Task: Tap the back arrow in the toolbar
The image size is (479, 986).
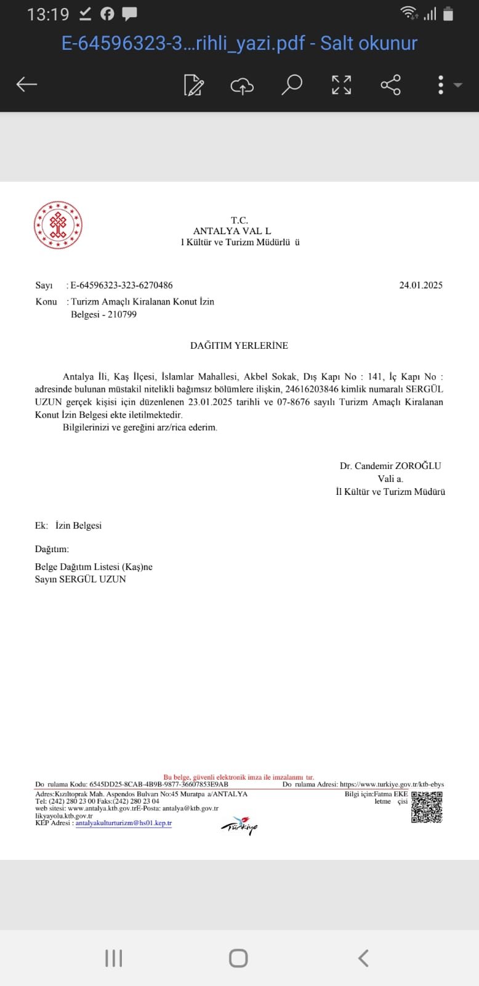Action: pyautogui.click(x=27, y=84)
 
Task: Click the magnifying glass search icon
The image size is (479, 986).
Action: pyautogui.click(x=292, y=84)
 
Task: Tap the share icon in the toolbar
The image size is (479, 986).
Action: pyautogui.click(x=390, y=84)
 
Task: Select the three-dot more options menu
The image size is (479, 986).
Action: pyautogui.click(x=441, y=85)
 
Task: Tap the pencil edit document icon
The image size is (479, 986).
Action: pyautogui.click(x=194, y=85)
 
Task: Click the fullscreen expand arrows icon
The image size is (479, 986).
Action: pyautogui.click(x=341, y=84)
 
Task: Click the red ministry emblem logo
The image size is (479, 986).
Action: pyautogui.click(x=58, y=226)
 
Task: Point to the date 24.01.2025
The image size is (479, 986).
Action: pyautogui.click(x=421, y=285)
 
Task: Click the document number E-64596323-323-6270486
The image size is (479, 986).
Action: pyautogui.click(x=121, y=285)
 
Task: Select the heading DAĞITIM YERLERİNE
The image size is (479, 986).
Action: pyautogui.click(x=239, y=345)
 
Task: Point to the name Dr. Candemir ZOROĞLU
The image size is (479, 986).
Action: pyautogui.click(x=390, y=465)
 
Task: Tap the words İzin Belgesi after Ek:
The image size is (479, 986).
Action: pyautogui.click(x=78, y=525)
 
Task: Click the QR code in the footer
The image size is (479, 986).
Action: pyautogui.click(x=427, y=807)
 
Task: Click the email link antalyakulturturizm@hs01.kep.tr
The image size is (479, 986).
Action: pyautogui.click(x=124, y=823)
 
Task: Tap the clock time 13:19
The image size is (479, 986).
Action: pyautogui.click(x=48, y=15)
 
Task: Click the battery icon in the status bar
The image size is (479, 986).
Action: pyautogui.click(x=448, y=14)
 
